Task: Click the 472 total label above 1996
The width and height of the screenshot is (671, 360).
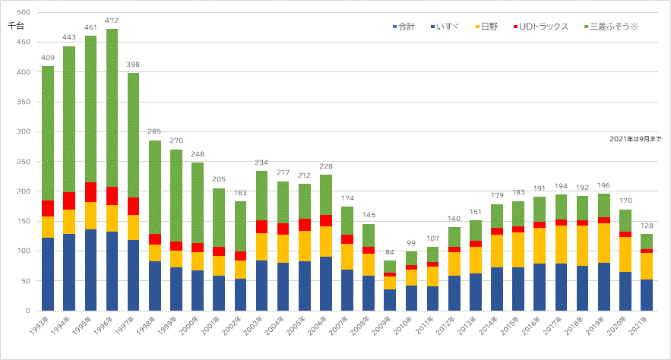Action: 112,21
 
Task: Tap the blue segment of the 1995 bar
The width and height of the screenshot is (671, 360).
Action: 90,270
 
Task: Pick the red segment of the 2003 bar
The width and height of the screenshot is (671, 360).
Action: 261,226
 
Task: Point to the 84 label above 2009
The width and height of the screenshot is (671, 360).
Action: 390,252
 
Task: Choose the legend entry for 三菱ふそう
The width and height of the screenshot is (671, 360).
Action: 613,27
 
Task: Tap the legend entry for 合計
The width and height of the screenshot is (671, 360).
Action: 404,27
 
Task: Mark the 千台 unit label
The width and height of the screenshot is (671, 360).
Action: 16,26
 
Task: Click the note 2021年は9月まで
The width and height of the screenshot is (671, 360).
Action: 635,139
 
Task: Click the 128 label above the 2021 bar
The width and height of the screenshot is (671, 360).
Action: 647,226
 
